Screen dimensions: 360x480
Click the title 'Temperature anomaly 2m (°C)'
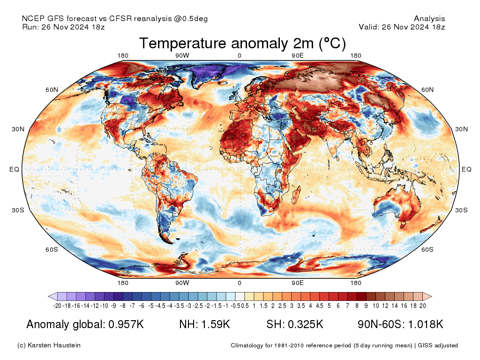[242, 44]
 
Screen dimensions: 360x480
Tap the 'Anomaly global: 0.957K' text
[85, 324]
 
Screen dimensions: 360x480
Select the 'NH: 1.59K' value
[204, 324]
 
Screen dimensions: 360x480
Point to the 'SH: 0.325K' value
[295, 324]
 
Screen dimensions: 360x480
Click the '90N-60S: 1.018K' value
[400, 324]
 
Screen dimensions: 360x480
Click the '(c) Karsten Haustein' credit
[49, 345]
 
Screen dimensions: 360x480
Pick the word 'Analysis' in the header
[429, 19]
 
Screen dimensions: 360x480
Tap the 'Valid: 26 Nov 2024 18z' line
[402, 27]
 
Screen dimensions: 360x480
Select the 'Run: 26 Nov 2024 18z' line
[63, 27]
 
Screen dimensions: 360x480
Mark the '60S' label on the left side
[52, 249]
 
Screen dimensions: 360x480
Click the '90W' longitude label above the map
[182, 56]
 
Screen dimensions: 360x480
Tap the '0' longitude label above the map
[240, 56]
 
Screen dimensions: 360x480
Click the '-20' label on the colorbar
[58, 306]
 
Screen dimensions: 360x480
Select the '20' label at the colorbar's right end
[422, 306]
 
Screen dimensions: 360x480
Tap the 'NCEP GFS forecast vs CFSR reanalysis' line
[115, 19]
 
